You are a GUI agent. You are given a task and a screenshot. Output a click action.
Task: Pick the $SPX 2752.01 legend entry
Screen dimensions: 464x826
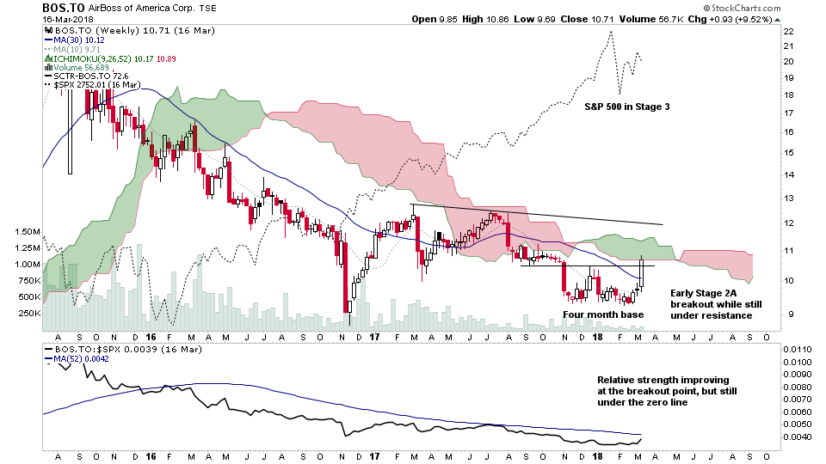(88, 86)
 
